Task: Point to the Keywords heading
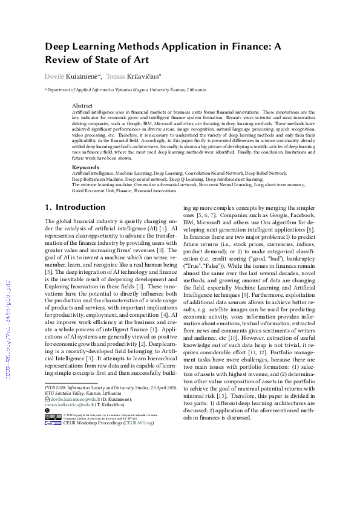[x=85, y=167]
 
